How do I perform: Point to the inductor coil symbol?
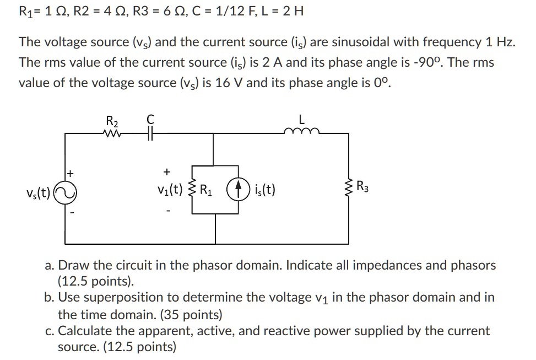point(301,132)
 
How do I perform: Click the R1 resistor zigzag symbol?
point(192,191)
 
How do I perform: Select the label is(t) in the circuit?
point(266,191)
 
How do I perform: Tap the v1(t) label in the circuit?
point(169,191)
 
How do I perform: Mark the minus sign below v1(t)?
point(167,210)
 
